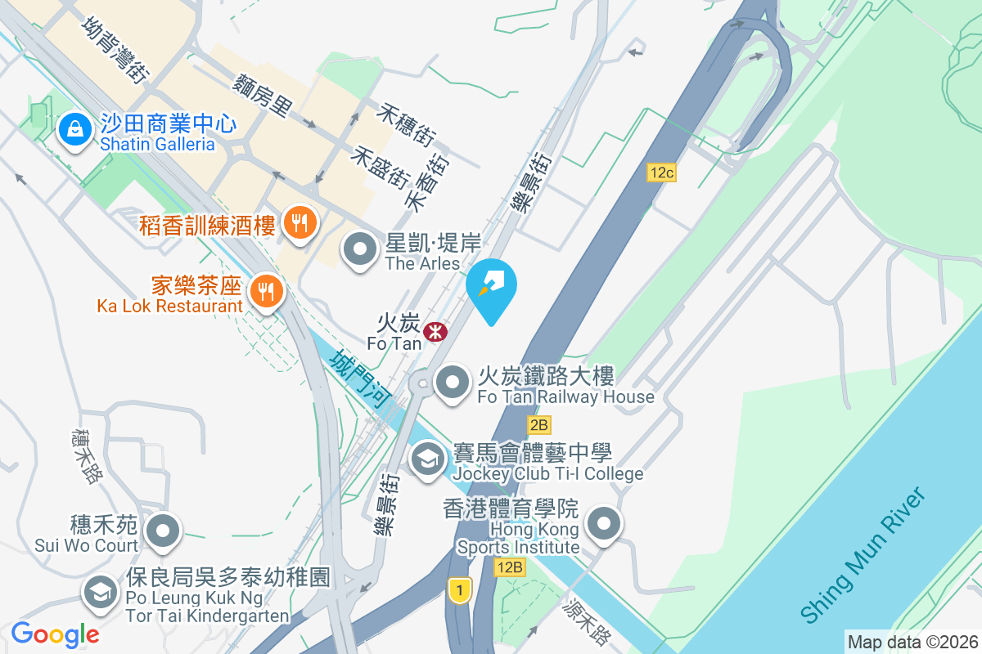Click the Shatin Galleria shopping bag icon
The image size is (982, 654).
point(74,129)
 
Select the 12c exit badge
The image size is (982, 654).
point(661,172)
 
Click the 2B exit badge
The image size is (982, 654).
point(538,424)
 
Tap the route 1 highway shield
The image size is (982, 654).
point(461,589)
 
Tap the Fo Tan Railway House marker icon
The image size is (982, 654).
point(452,382)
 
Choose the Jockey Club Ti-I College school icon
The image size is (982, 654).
point(427,459)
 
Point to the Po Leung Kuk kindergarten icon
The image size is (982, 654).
point(101,592)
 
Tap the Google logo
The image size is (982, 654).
point(55,634)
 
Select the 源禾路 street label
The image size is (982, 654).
point(588,623)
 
